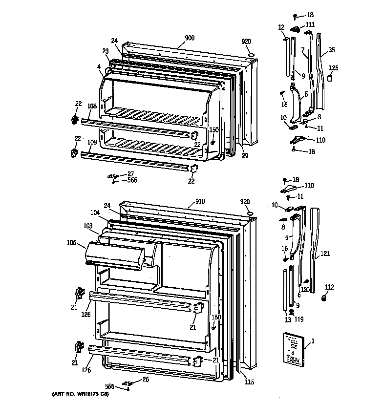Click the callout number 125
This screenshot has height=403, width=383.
(333, 68)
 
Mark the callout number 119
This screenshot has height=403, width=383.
(298, 320)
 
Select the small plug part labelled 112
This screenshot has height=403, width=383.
(323, 298)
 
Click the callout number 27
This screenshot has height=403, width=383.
(130, 173)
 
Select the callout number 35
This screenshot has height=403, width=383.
(331, 49)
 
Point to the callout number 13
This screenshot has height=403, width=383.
(288, 320)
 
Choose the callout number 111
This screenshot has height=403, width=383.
(310, 25)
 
